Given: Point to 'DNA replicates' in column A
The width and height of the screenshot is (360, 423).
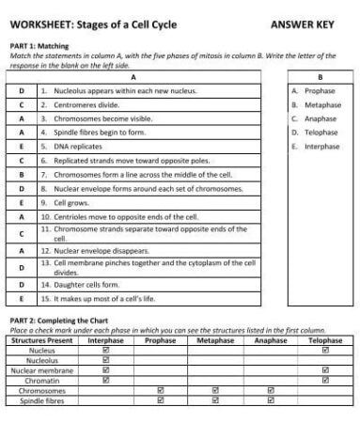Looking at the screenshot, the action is click(71, 146).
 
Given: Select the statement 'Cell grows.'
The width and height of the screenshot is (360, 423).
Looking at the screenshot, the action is click(67, 201).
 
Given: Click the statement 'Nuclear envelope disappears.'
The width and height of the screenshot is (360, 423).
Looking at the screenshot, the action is click(95, 251).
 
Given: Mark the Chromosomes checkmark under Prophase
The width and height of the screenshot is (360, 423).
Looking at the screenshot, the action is click(160, 390).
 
